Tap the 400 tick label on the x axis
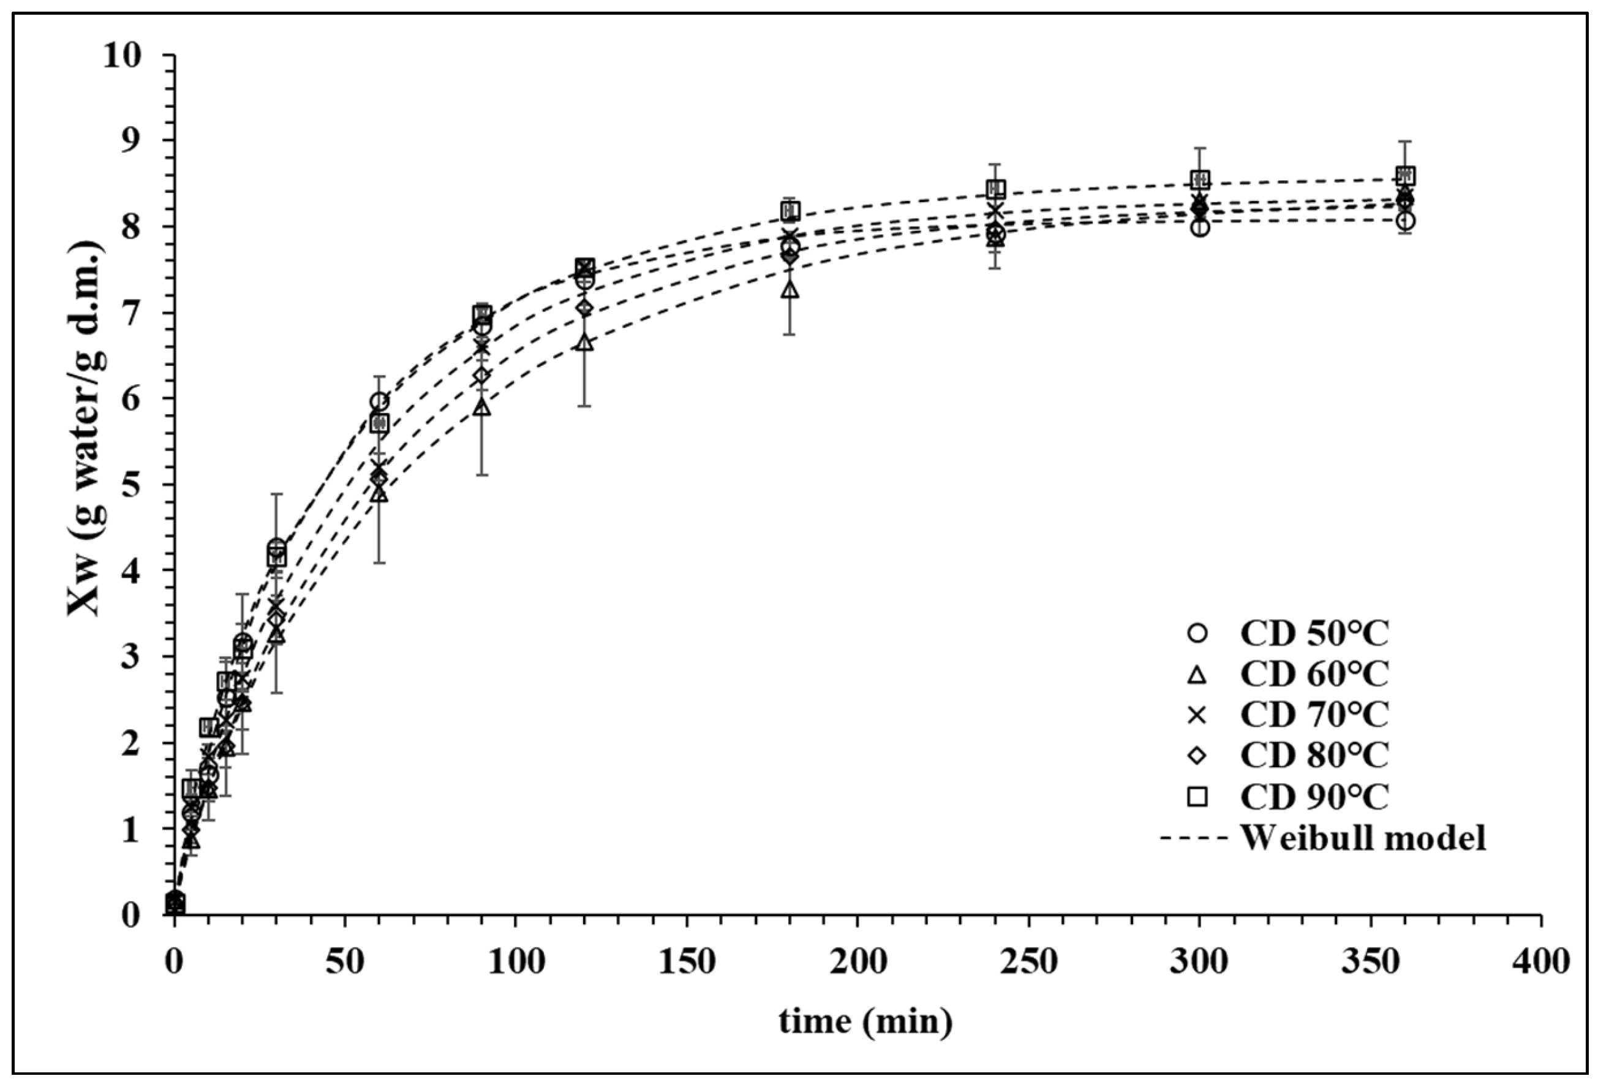pyautogui.click(x=1541, y=961)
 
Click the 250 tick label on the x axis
pyautogui.click(x=1028, y=961)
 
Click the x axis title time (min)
pyautogui.click(x=865, y=1021)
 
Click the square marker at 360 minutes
pyautogui.click(x=1406, y=175)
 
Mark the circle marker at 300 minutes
pyautogui.click(x=1200, y=227)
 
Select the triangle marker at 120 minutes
pyautogui.click(x=584, y=342)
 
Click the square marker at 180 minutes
pyautogui.click(x=790, y=210)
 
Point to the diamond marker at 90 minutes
pyautogui.click(x=482, y=376)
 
